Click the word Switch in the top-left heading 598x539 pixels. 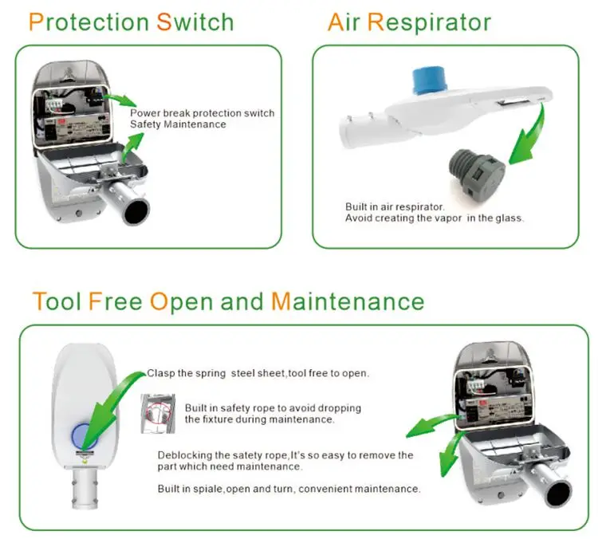tap(195, 22)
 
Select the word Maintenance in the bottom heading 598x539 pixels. tap(348, 301)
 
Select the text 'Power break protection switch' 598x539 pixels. tap(202, 113)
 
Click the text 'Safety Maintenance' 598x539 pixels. tap(178, 124)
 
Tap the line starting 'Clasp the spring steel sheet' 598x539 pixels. tap(258, 373)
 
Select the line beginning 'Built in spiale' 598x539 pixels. tap(289, 488)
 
